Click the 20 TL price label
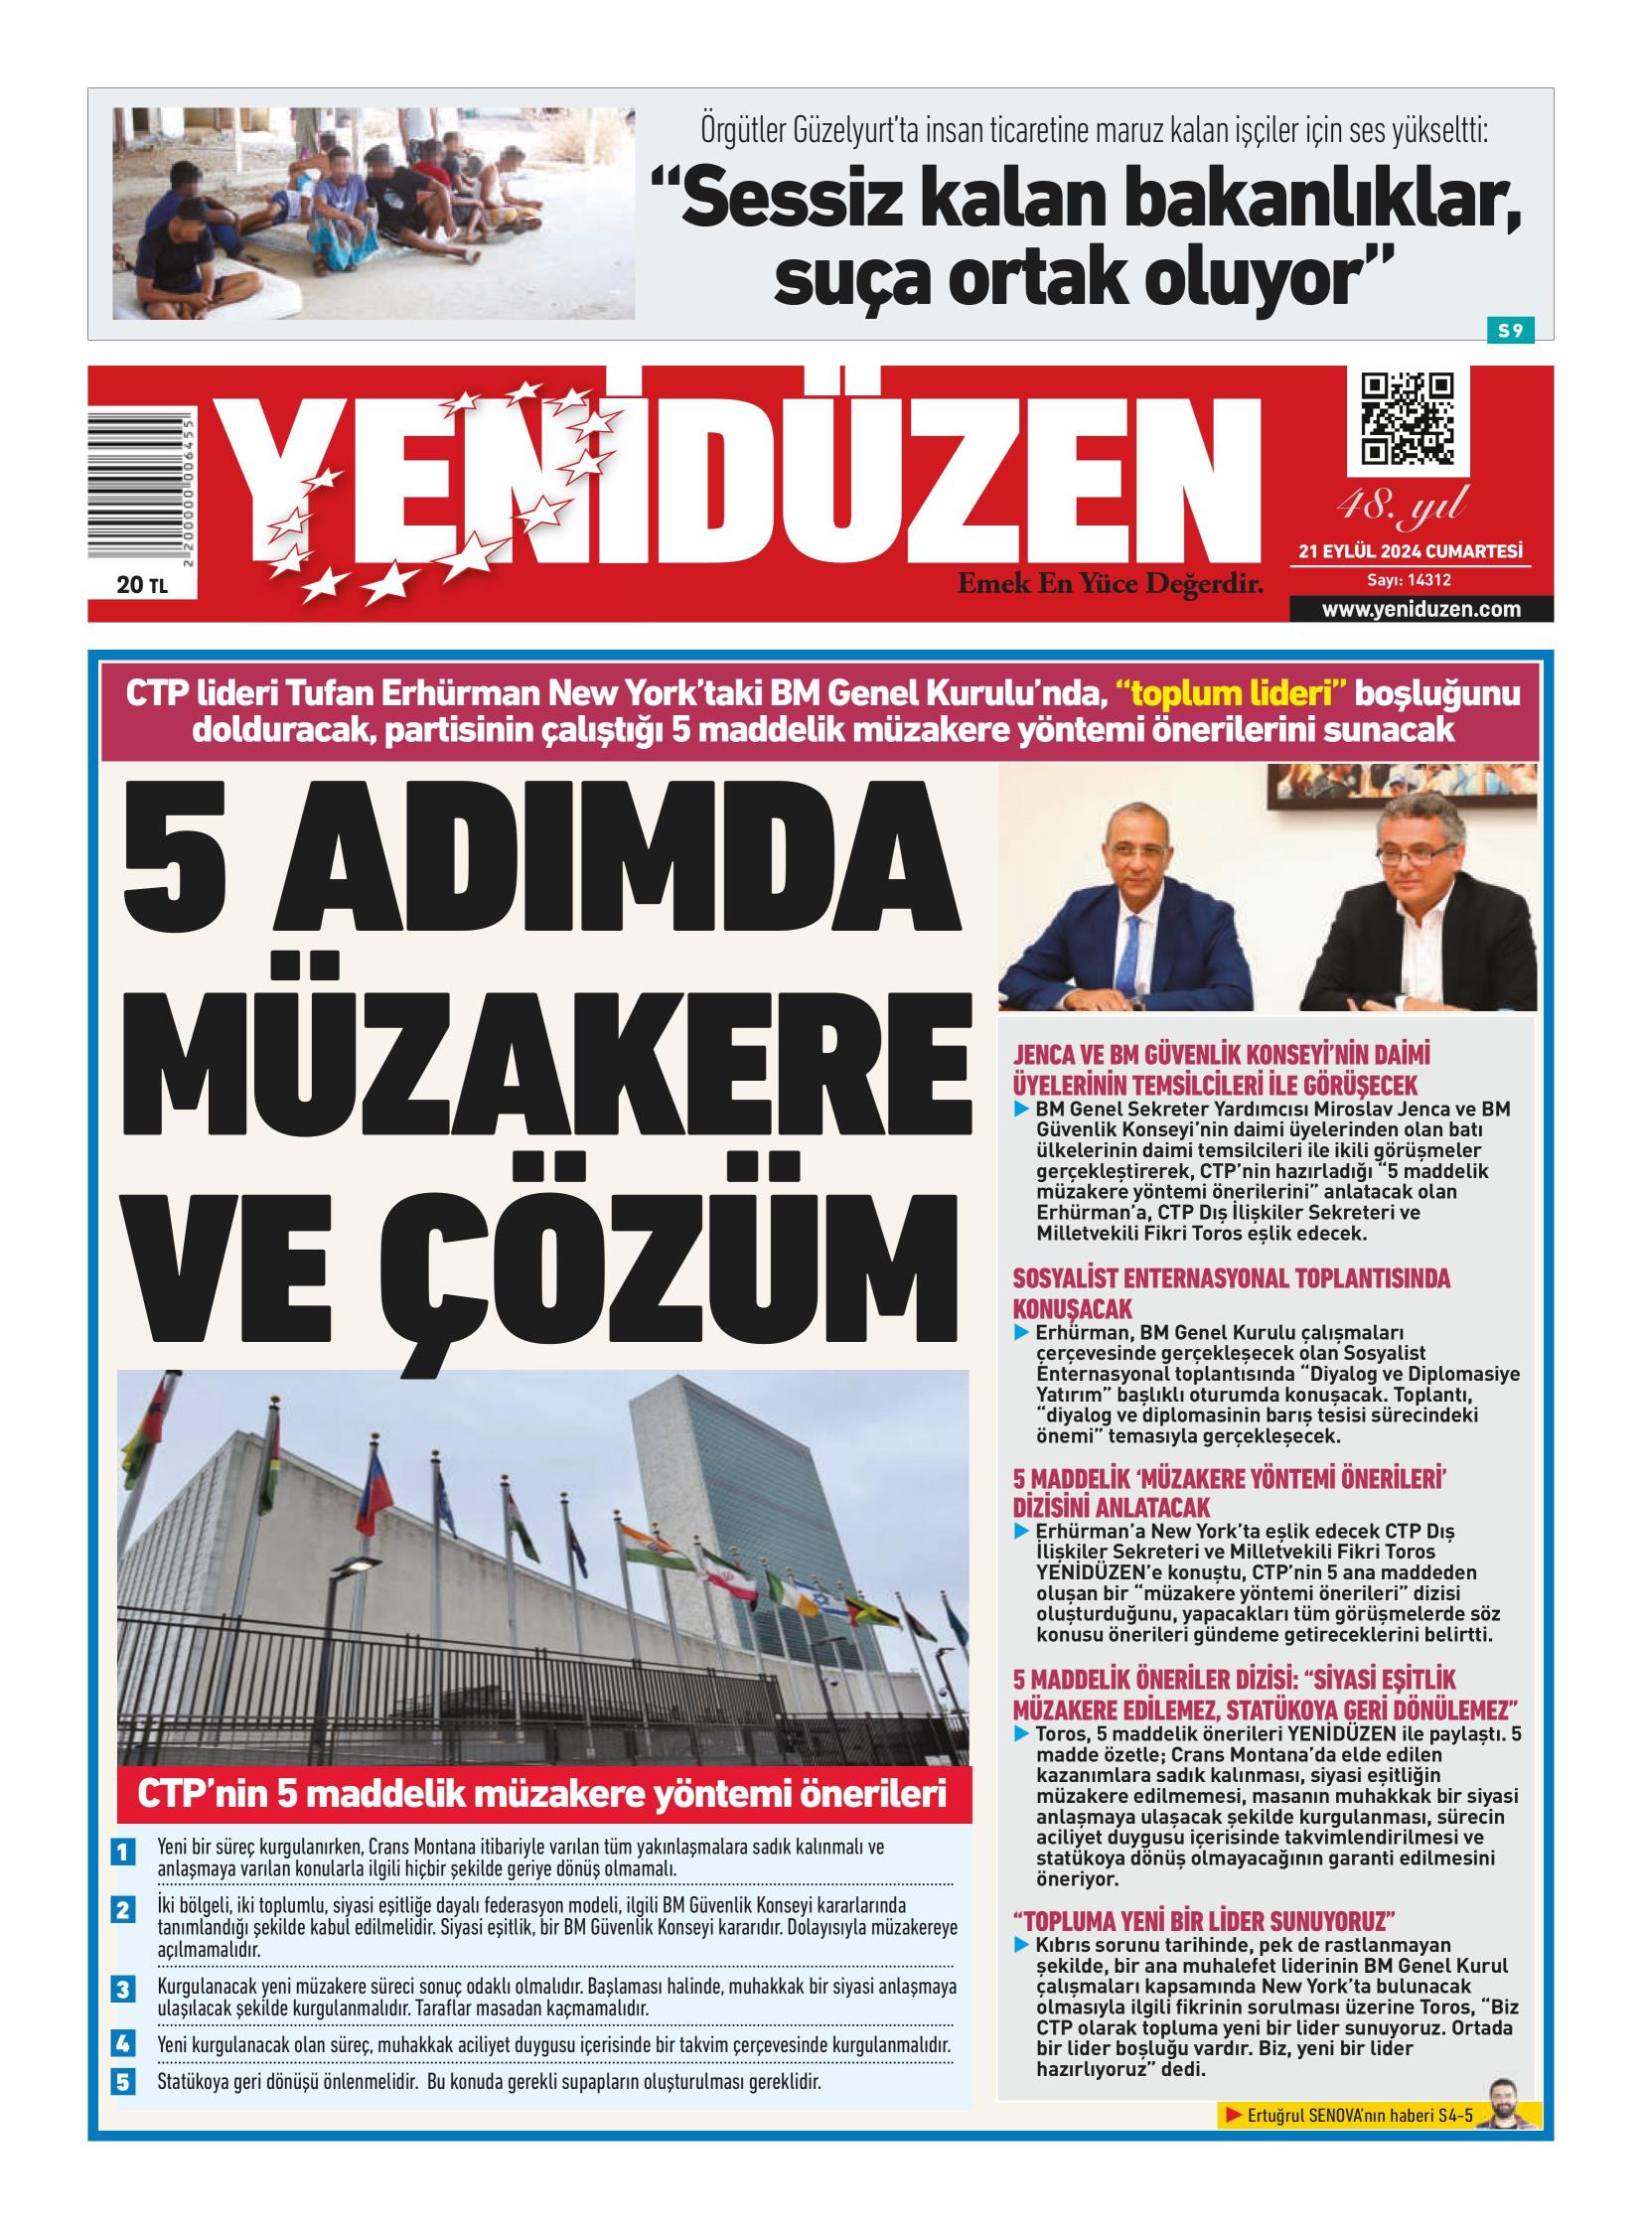pos(142,585)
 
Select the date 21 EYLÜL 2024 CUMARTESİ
pos(1411,551)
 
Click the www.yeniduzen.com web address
pos(1420,609)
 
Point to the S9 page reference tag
pos(1510,331)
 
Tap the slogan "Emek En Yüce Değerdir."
pos(1110,583)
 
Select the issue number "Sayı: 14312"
pos(1410,580)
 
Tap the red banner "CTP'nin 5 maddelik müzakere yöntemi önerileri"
pos(542,1794)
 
